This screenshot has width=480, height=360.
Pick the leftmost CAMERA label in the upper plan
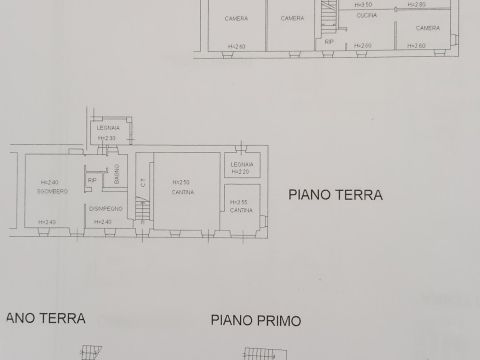tap(237, 18)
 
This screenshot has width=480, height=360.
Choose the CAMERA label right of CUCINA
tap(428, 28)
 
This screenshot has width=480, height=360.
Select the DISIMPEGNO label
tap(105, 208)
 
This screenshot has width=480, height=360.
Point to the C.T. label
tap(142, 182)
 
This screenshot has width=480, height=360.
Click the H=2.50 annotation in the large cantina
tap(181, 182)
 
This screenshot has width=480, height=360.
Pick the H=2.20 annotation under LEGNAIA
tap(242, 171)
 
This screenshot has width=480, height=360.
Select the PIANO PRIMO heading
tap(256, 322)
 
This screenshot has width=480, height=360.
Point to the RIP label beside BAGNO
tap(92, 180)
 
